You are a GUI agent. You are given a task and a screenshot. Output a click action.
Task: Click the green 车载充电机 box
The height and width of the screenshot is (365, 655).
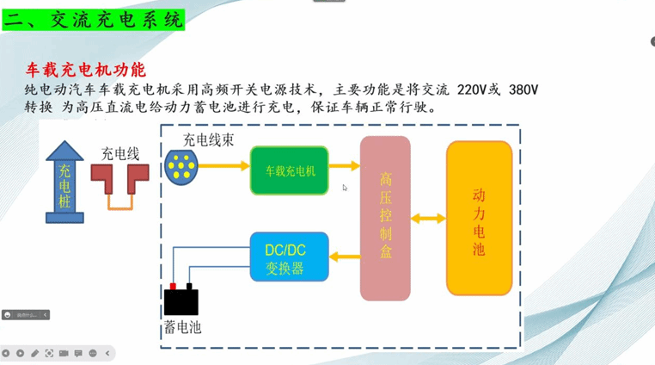click(x=290, y=170)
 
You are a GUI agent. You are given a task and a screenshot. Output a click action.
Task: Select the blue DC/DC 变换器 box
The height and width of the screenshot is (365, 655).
click(x=290, y=257)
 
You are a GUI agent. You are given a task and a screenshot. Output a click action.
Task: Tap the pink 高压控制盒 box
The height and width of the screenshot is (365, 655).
click(x=385, y=219)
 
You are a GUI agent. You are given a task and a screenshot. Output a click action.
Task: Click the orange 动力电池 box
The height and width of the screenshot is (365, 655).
click(x=479, y=219)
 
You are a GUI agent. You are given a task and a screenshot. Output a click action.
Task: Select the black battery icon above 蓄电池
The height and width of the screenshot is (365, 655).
click(x=181, y=300)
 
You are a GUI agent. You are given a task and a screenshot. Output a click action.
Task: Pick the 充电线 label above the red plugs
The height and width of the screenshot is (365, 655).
click(x=120, y=154)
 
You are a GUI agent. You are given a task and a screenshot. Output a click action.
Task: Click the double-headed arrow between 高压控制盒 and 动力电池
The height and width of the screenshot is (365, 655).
click(x=428, y=219)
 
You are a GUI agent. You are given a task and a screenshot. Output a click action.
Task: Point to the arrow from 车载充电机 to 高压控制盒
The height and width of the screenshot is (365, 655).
click(x=344, y=166)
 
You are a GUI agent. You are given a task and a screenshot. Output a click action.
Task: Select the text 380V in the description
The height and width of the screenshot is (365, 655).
click(x=523, y=90)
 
